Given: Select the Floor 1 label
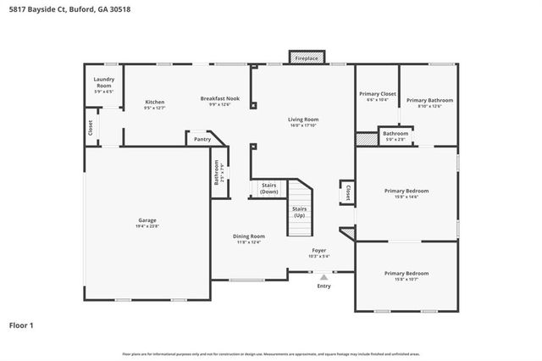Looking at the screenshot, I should click(21, 325).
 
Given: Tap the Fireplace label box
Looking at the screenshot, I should click(306, 58).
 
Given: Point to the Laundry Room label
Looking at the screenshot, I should click(103, 83).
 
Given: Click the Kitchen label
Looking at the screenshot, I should click(154, 102).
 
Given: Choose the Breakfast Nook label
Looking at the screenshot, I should click(220, 98).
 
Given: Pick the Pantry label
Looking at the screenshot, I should click(202, 139).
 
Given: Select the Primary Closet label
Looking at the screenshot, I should click(378, 94).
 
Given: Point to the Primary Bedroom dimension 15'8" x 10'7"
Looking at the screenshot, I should click(406, 279).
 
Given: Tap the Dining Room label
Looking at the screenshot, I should click(250, 236).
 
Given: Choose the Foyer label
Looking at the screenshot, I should click(319, 250).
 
